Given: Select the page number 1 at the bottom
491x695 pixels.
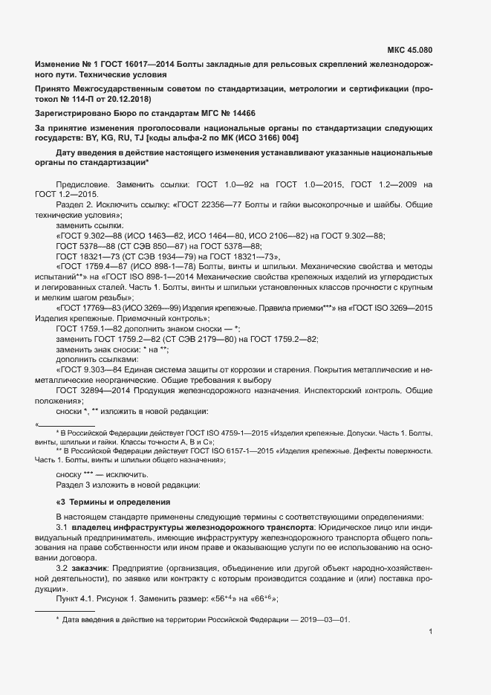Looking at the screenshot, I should [432, 632].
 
